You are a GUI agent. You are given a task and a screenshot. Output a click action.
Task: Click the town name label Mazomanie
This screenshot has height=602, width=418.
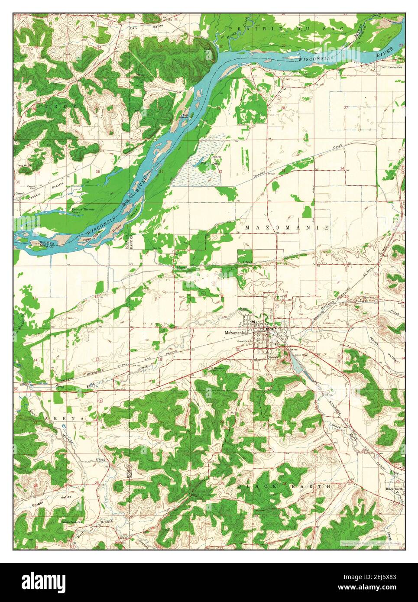tap(235, 333)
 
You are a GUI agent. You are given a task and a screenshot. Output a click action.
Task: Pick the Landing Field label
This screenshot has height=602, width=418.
tap(396, 68)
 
